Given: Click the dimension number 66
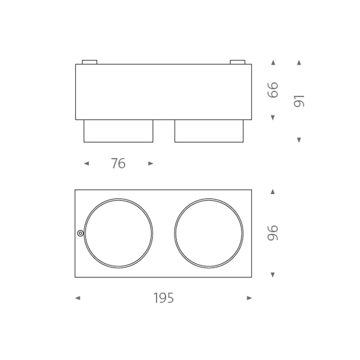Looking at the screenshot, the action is click(273, 90).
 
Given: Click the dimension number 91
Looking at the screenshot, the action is click(299, 101).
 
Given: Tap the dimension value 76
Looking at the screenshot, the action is click(118, 163).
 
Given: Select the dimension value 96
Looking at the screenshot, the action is click(273, 233).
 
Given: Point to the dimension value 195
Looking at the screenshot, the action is click(164, 298).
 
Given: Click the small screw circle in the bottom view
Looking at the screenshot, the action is click(80, 233).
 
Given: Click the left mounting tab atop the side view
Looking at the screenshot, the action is click(89, 62).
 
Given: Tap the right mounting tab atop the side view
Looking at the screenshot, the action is click(237, 62).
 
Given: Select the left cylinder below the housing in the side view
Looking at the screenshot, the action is click(118, 131).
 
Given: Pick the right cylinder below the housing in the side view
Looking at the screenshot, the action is click(209, 131).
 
